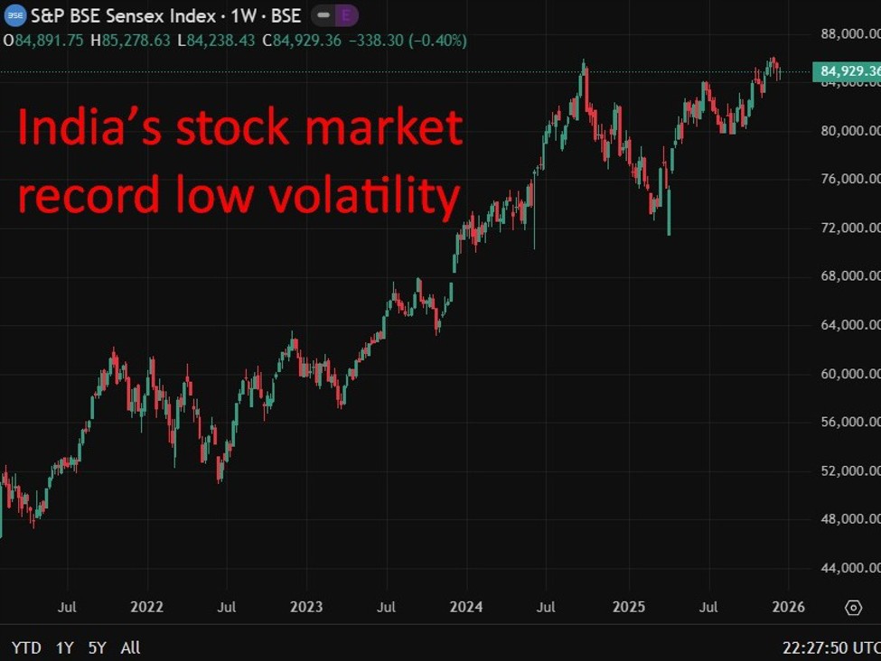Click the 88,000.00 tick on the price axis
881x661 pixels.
point(850,33)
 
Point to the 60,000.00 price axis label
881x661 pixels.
point(850,374)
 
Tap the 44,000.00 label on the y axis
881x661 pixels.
point(850,568)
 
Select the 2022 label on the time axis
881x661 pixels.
point(146,607)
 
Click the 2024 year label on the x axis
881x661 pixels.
point(466,607)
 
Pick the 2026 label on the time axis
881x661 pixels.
point(787,607)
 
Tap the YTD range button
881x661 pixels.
point(26,647)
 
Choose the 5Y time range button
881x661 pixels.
point(97,647)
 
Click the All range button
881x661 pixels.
point(130,647)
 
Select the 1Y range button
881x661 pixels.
point(65,647)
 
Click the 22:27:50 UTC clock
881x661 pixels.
point(830,647)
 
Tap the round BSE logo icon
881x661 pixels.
point(14,15)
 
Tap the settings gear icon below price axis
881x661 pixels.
point(853,608)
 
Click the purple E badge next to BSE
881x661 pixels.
point(345,15)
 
